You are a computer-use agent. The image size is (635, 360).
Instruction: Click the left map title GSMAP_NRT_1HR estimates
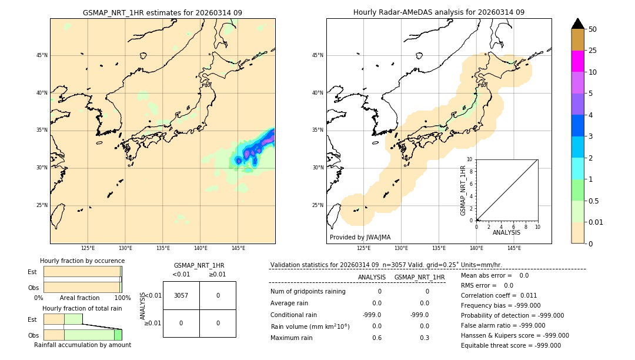click(162, 12)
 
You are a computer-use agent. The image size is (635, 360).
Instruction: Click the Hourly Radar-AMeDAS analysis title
click(439, 12)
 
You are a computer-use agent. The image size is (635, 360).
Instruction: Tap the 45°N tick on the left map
click(42, 55)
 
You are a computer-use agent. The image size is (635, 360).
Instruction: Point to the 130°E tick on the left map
click(125, 248)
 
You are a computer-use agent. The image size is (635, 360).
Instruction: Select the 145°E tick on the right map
click(514, 248)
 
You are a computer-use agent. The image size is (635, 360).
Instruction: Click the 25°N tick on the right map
click(318, 205)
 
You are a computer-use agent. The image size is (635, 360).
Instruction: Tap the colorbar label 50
click(593, 29)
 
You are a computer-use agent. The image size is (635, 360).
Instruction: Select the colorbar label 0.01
click(596, 222)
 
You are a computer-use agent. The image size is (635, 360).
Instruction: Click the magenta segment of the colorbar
click(577, 61)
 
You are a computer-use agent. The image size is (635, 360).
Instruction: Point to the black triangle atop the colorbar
click(577, 24)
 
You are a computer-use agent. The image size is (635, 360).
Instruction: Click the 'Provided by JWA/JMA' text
click(360, 238)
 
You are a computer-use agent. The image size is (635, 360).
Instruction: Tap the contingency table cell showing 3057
click(181, 295)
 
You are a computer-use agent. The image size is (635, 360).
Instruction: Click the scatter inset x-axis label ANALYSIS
click(506, 232)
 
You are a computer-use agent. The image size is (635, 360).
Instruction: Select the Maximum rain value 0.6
click(376, 338)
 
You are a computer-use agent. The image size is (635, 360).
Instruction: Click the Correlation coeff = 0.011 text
click(499, 295)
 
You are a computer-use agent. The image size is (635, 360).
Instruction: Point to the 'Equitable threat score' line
click(510, 345)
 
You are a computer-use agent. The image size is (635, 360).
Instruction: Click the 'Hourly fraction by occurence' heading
click(82, 261)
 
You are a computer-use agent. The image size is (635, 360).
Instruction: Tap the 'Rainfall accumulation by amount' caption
click(82, 345)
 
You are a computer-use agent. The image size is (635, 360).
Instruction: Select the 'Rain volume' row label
click(310, 326)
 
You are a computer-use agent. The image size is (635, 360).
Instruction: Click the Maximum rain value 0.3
click(424, 338)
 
